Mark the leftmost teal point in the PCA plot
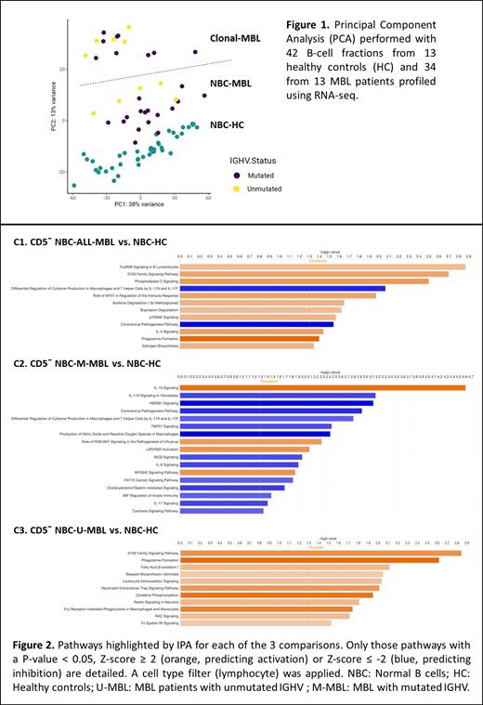pyautogui.click(x=74, y=184)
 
